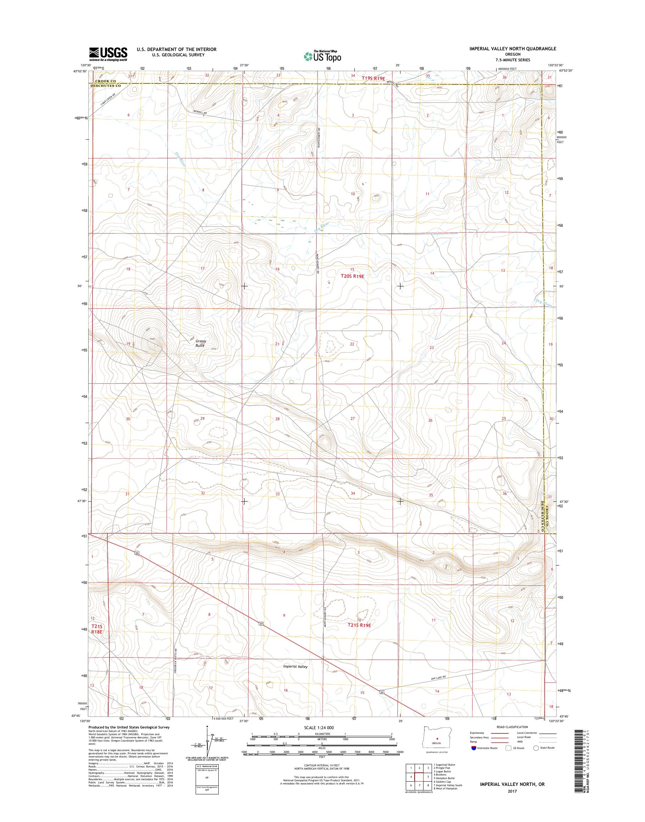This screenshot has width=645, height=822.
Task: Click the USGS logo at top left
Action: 108,54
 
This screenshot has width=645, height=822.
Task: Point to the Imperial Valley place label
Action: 295,666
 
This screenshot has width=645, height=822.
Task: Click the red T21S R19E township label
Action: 359,625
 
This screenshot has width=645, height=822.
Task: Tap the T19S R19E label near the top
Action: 373,78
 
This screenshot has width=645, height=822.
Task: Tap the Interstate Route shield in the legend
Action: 474,758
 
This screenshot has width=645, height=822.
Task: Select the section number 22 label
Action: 352,344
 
